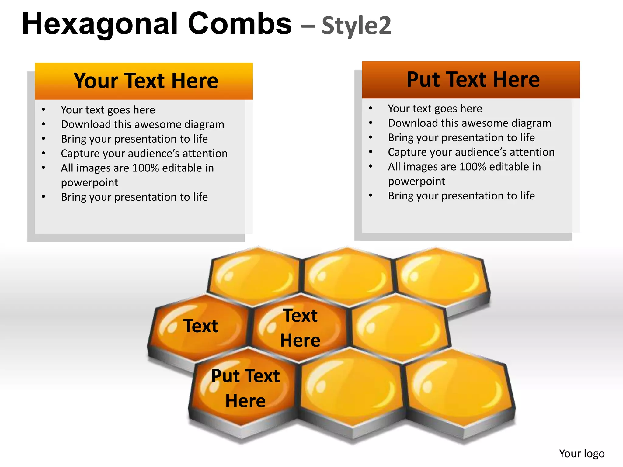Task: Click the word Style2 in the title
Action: tap(356, 26)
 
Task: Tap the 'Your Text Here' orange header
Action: tap(144, 81)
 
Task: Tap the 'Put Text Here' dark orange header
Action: tap(471, 80)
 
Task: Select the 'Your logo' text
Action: tap(582, 453)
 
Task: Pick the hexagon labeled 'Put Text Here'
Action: tap(245, 389)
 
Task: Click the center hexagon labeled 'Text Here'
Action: tap(300, 328)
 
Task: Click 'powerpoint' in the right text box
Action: tap(416, 182)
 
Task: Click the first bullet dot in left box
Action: tap(44, 110)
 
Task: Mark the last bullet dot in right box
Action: tap(371, 196)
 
